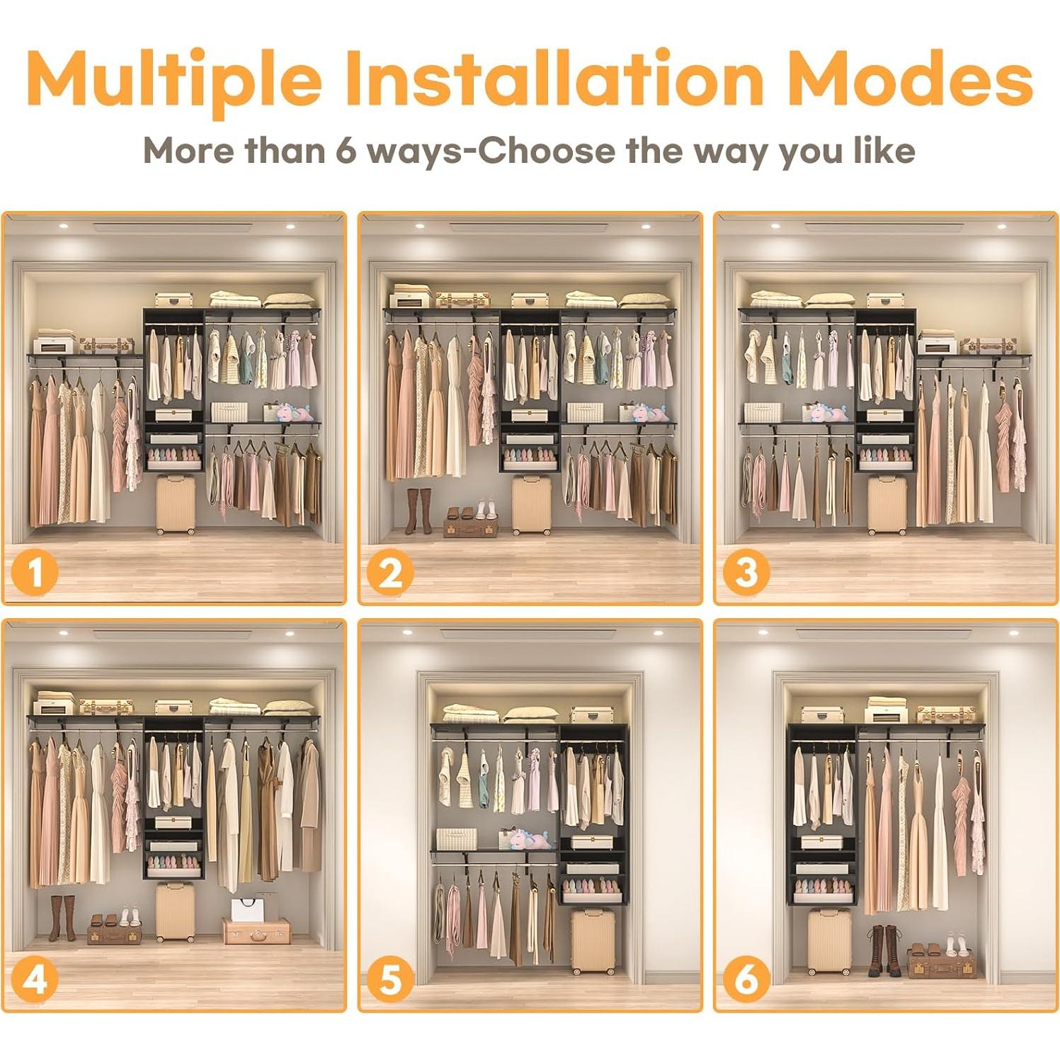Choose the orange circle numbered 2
(389, 572)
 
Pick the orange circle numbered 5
(389, 980)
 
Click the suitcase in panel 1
(176, 505)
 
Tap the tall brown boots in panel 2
(418, 510)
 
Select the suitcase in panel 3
(887, 505)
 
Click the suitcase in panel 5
(593, 941)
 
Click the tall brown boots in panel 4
(62, 918)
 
